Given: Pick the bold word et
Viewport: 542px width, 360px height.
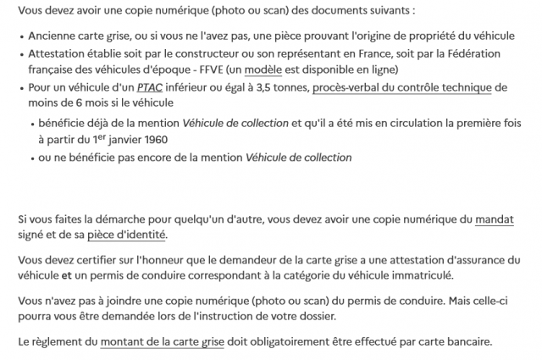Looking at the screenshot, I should point(66,275).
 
